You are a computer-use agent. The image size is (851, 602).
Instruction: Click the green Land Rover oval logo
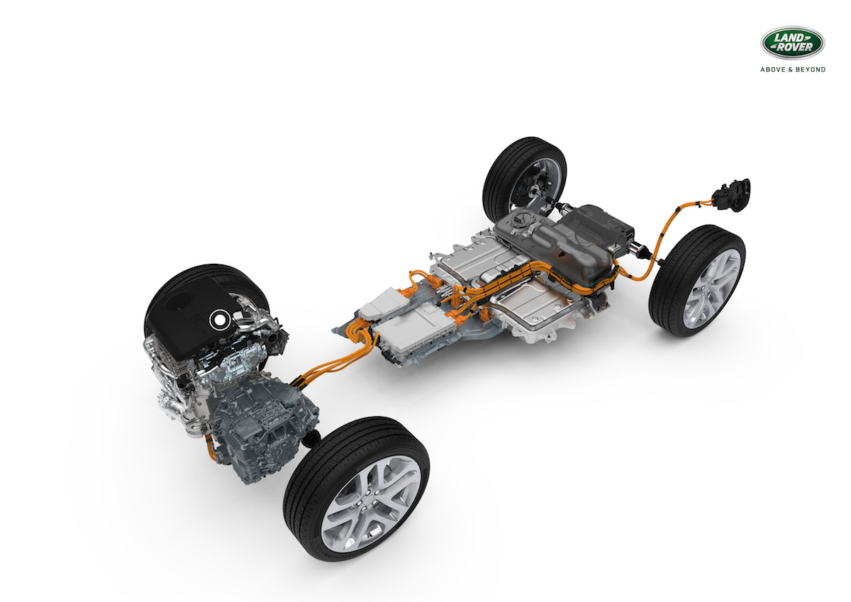tap(793, 43)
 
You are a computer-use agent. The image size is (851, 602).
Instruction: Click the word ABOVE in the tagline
tap(773, 69)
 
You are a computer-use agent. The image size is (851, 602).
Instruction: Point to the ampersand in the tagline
tap(791, 69)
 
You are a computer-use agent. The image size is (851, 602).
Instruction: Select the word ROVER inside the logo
tap(794, 47)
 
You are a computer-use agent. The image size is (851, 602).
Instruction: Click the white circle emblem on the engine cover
tap(219, 320)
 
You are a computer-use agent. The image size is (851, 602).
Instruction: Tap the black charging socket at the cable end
tap(731, 195)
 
